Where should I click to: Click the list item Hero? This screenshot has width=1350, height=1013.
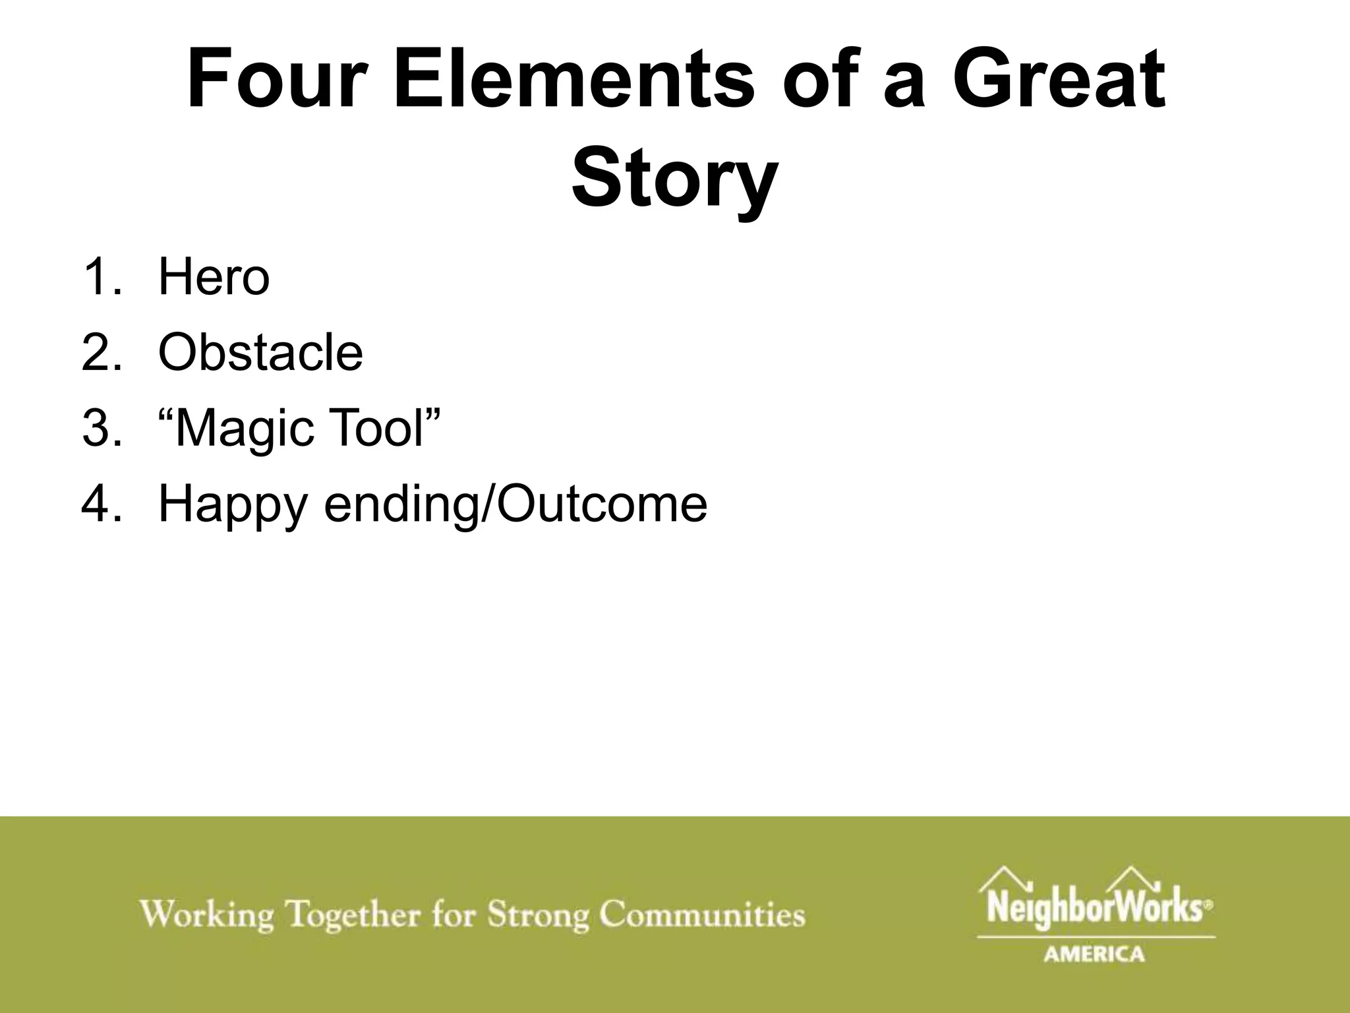pos(214,278)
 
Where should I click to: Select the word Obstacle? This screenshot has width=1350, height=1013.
pos(260,353)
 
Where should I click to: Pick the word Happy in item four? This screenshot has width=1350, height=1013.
pos(233,505)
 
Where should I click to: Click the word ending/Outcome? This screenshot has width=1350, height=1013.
pos(516,505)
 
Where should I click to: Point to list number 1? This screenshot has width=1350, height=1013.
pos(100,278)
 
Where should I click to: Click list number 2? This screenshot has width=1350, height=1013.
pos(100,353)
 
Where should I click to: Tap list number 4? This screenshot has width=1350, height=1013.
pos(100,505)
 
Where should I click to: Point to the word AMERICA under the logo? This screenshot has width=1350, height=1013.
pos(1094,954)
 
